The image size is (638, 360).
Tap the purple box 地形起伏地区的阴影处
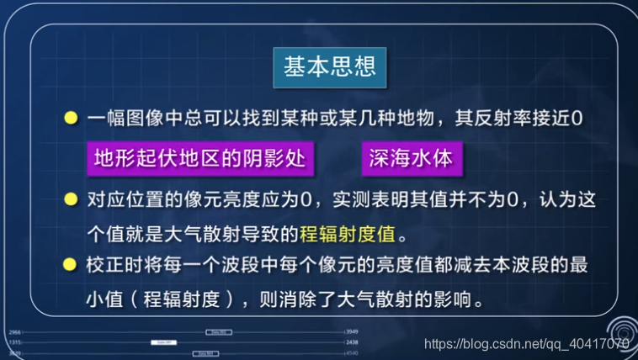tap(199, 159)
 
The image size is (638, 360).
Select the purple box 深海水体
tap(411, 159)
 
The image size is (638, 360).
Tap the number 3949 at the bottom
tap(354, 332)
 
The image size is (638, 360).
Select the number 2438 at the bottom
tap(353, 342)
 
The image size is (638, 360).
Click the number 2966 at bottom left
tap(14, 332)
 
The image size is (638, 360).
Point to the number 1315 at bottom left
tap(14, 342)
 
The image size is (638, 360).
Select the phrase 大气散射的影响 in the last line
tap(421, 298)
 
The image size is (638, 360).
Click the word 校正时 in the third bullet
tap(110, 265)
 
